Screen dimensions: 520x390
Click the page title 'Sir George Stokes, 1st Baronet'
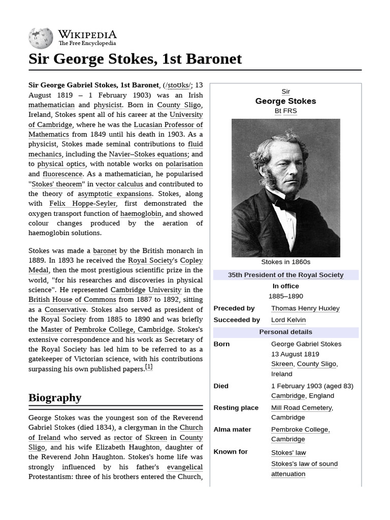coord(135,59)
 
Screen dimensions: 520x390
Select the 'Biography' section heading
coord(55,397)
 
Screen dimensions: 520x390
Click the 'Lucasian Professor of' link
coord(168,124)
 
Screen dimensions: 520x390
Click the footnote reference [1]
coord(148,367)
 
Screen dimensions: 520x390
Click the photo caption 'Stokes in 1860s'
coord(285,262)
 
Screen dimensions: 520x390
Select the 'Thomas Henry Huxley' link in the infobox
coord(305,308)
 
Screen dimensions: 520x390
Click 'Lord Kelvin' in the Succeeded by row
coord(288,320)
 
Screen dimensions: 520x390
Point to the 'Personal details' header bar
coord(285,332)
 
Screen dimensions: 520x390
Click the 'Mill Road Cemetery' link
coord(302,407)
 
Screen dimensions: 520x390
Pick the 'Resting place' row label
coord(236,407)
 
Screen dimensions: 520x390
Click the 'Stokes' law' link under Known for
coord(288,452)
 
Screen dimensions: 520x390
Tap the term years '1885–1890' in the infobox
coord(285,296)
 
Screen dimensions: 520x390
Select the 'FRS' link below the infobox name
coord(290,111)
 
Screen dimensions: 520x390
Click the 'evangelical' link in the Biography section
coord(184,467)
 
